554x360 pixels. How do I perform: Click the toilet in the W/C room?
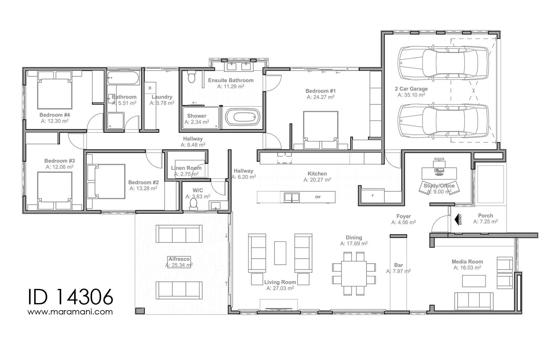(x=193, y=204)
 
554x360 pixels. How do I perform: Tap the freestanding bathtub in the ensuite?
(x=243, y=118)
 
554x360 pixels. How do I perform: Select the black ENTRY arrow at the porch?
(x=457, y=219)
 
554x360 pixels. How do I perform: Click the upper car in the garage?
(x=443, y=63)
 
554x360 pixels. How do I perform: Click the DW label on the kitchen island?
(x=318, y=197)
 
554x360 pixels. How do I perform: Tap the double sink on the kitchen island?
(x=291, y=197)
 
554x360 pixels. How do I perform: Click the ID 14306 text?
(x=70, y=297)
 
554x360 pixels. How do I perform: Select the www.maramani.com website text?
(x=70, y=312)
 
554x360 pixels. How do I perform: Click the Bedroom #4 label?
(x=55, y=115)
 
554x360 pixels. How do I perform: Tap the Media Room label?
(x=467, y=262)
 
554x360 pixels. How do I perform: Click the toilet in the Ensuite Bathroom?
(x=191, y=77)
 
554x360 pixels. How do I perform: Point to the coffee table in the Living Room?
(x=280, y=253)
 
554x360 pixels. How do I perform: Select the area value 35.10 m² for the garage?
(x=411, y=95)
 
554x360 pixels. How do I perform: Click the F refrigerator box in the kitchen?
(x=373, y=196)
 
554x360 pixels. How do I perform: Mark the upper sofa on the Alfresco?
(x=179, y=234)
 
